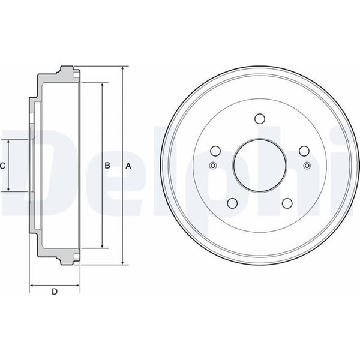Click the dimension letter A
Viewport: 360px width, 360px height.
[128, 166]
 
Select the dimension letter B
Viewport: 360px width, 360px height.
[107, 166]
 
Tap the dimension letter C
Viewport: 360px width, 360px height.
[2, 166]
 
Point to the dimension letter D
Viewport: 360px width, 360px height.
[55, 292]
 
